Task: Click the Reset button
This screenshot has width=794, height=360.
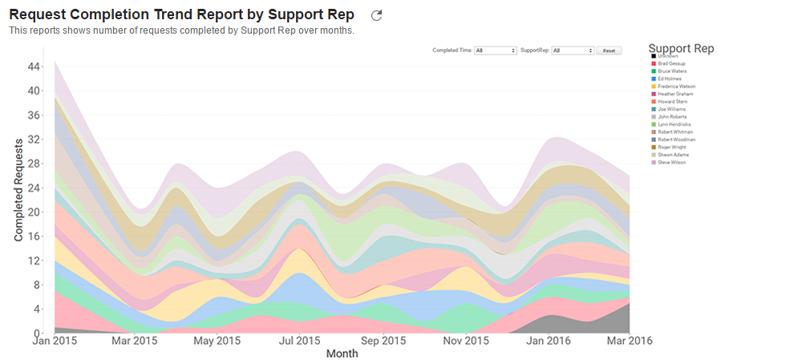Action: point(609,51)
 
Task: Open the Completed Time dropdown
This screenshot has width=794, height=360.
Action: point(496,51)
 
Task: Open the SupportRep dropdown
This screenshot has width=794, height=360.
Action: point(573,51)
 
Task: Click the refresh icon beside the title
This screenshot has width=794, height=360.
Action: point(377,15)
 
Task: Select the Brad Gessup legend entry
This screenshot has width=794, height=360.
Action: point(671,63)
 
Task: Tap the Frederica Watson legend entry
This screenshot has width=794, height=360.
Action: point(675,87)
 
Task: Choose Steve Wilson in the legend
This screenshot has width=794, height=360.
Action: point(671,163)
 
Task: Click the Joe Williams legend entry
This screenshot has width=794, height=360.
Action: point(670,109)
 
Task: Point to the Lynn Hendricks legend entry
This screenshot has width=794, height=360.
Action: point(674,124)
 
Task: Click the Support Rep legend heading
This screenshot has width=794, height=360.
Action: point(681,48)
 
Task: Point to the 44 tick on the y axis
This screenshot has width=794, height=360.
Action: point(34,67)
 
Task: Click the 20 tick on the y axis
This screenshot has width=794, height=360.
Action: point(34,212)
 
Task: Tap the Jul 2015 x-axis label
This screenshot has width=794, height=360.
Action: point(298,341)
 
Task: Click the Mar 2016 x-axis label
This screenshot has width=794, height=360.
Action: point(630,341)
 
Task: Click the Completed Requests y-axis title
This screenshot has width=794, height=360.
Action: point(18,188)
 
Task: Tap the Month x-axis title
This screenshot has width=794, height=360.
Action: point(342,354)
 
